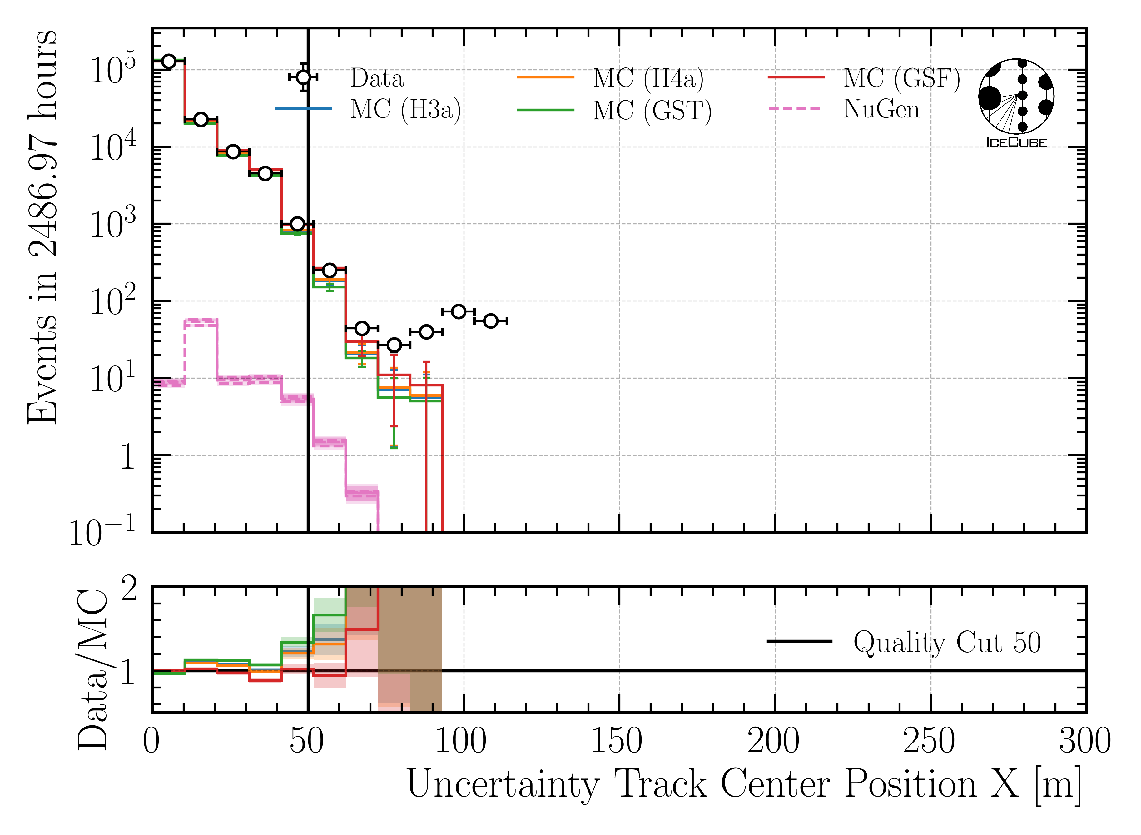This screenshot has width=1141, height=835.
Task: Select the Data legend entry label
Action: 377,78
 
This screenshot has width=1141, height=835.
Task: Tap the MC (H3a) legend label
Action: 405,110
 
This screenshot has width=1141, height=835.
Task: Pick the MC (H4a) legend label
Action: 648,78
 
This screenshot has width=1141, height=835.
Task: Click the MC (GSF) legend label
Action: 901,78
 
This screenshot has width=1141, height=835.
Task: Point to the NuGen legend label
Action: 881,109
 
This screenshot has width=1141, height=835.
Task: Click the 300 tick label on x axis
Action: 1084,742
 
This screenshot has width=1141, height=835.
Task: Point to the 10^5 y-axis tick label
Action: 112,68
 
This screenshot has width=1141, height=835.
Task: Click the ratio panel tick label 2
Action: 129,589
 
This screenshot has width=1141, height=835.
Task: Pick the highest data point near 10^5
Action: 168,61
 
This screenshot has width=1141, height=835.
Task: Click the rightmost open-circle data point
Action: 491,321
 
